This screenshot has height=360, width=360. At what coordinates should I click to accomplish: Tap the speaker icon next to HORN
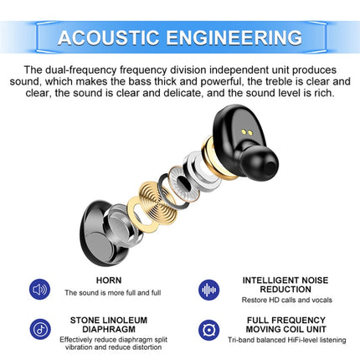(40, 290)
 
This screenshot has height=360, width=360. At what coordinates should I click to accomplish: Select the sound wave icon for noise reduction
(209, 290)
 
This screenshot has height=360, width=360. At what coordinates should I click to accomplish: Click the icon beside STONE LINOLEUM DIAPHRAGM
(40, 329)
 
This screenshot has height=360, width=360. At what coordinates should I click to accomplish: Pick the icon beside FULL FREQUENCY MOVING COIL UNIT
(209, 329)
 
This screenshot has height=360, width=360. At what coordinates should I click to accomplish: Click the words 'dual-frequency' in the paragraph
(77, 70)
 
